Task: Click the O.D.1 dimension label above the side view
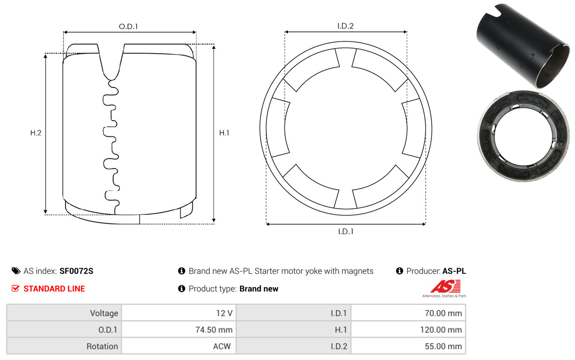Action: tap(128, 26)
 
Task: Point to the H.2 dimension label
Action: tap(36, 133)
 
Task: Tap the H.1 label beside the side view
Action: tap(224, 133)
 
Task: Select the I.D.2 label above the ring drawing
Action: tap(345, 26)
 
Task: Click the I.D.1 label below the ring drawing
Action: tap(346, 232)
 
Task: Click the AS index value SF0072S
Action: tap(76, 271)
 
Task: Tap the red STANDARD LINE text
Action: tap(54, 289)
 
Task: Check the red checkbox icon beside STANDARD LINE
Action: tap(15, 288)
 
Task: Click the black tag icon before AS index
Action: tap(16, 271)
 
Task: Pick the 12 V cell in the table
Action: tap(179, 313)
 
